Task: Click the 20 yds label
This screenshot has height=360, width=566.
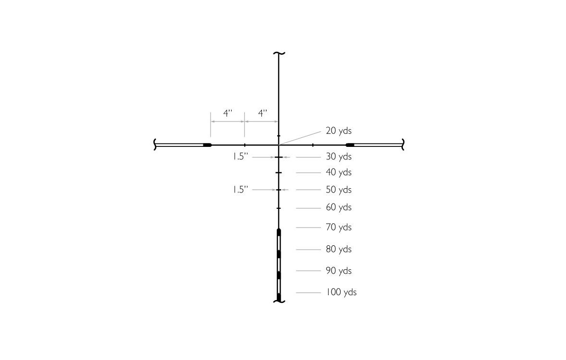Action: pyautogui.click(x=339, y=131)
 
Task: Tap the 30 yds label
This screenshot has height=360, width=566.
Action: pyautogui.click(x=339, y=156)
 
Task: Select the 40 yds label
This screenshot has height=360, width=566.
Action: pyautogui.click(x=339, y=173)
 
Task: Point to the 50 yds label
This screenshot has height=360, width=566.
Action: pyautogui.click(x=339, y=190)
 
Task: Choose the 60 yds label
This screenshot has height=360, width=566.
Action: pyautogui.click(x=339, y=207)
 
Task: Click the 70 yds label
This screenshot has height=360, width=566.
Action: pyautogui.click(x=339, y=228)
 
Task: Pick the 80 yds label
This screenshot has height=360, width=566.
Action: pyautogui.click(x=339, y=249)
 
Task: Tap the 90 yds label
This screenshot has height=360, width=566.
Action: pyautogui.click(x=339, y=271)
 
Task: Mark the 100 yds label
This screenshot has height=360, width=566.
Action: pyautogui.click(x=342, y=292)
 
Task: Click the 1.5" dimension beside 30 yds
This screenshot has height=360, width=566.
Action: pyautogui.click(x=240, y=156)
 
